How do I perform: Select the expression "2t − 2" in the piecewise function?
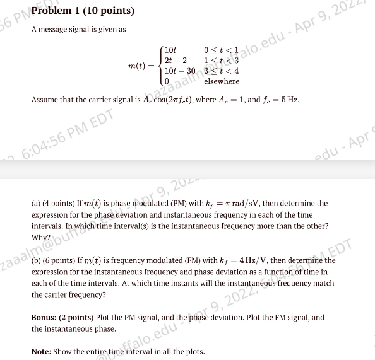[175, 60]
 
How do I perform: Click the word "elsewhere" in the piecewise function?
[221, 81]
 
